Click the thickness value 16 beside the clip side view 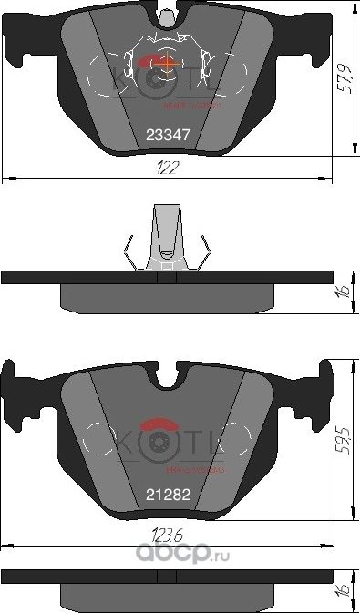[x=345, y=291]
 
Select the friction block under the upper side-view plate [x=167, y=296]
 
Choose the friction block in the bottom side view [x=167, y=596]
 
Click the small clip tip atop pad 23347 [x=167, y=15]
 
